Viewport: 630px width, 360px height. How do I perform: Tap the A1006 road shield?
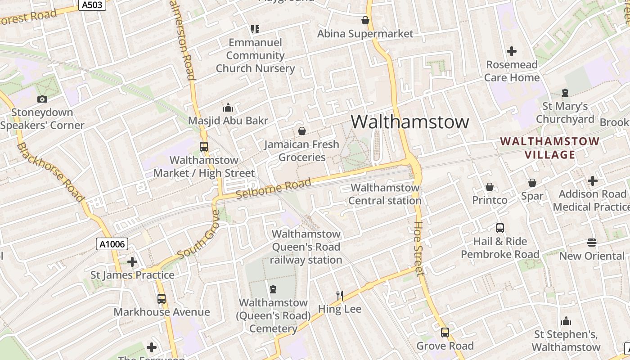112,244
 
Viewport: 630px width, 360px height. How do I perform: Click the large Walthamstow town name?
410,122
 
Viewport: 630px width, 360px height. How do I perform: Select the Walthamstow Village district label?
549,148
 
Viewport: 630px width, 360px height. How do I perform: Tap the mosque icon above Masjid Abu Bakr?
228,108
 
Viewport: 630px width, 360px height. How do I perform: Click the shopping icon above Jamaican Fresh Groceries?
302,131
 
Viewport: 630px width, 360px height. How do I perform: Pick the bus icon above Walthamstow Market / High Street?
204,146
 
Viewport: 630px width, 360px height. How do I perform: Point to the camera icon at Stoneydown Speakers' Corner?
42,99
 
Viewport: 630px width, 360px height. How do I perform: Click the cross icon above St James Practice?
132,261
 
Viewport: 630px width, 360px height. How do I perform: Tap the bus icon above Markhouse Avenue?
162,298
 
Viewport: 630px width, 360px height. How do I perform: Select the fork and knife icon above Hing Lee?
340,295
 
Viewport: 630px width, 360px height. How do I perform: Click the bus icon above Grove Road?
445,333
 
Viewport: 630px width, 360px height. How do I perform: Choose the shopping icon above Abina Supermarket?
365,20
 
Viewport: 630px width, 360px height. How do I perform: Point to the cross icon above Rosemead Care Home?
512,51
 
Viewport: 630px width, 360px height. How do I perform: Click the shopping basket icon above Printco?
490,186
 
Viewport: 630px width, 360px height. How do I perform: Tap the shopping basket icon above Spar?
532,183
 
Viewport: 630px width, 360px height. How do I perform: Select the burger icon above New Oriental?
592,243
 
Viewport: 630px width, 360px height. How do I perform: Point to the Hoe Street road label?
419,247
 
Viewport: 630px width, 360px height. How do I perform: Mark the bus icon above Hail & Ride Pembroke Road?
500,228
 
